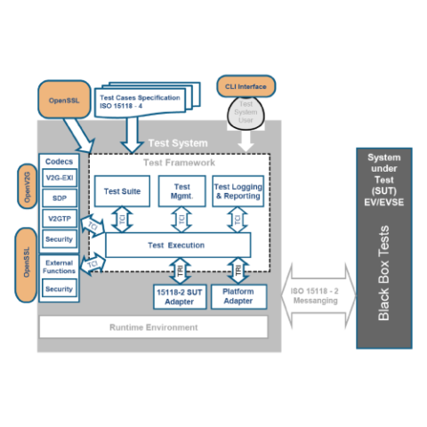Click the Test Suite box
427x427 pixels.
122,191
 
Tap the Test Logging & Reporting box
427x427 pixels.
238,191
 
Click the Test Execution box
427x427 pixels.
176,245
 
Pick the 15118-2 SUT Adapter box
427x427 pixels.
180,296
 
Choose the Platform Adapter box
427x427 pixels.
238,296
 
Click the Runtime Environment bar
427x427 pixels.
154,327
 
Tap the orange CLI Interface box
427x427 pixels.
246,86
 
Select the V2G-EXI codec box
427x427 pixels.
60,179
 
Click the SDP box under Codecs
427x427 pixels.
60,197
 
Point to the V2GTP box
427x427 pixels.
60,218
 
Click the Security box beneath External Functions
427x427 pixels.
60,289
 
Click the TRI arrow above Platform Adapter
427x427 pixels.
238,270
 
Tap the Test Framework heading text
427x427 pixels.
179,162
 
